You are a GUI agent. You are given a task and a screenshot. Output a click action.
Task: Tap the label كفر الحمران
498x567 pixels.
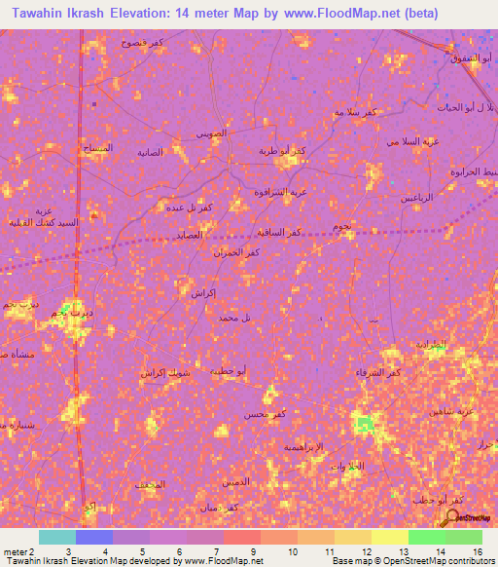click(x=235, y=253)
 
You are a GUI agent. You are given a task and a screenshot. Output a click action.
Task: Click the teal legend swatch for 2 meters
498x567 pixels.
click(x=57, y=537)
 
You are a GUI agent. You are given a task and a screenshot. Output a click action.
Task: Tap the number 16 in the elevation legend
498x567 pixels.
click(x=477, y=550)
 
